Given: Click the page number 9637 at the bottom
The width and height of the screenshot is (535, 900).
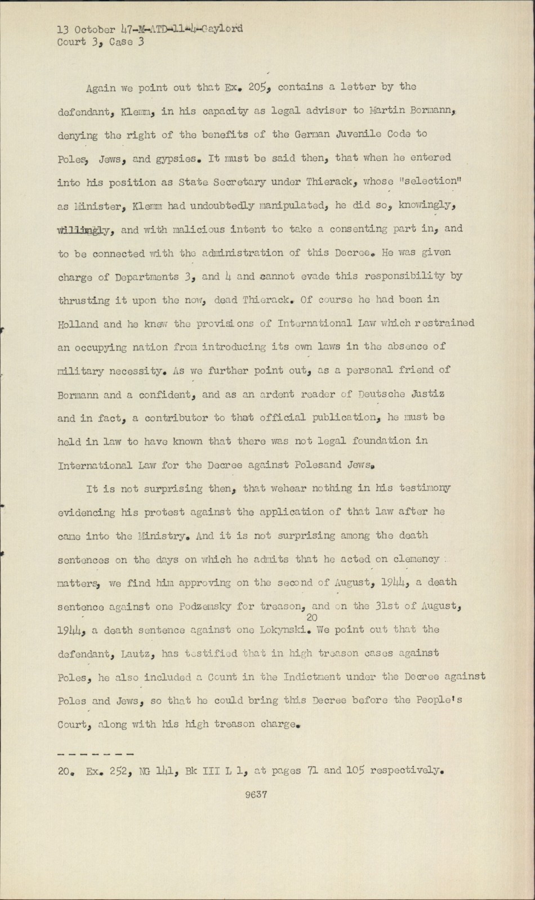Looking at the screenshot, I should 256,795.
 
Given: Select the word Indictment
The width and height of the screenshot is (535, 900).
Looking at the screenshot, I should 330,677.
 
